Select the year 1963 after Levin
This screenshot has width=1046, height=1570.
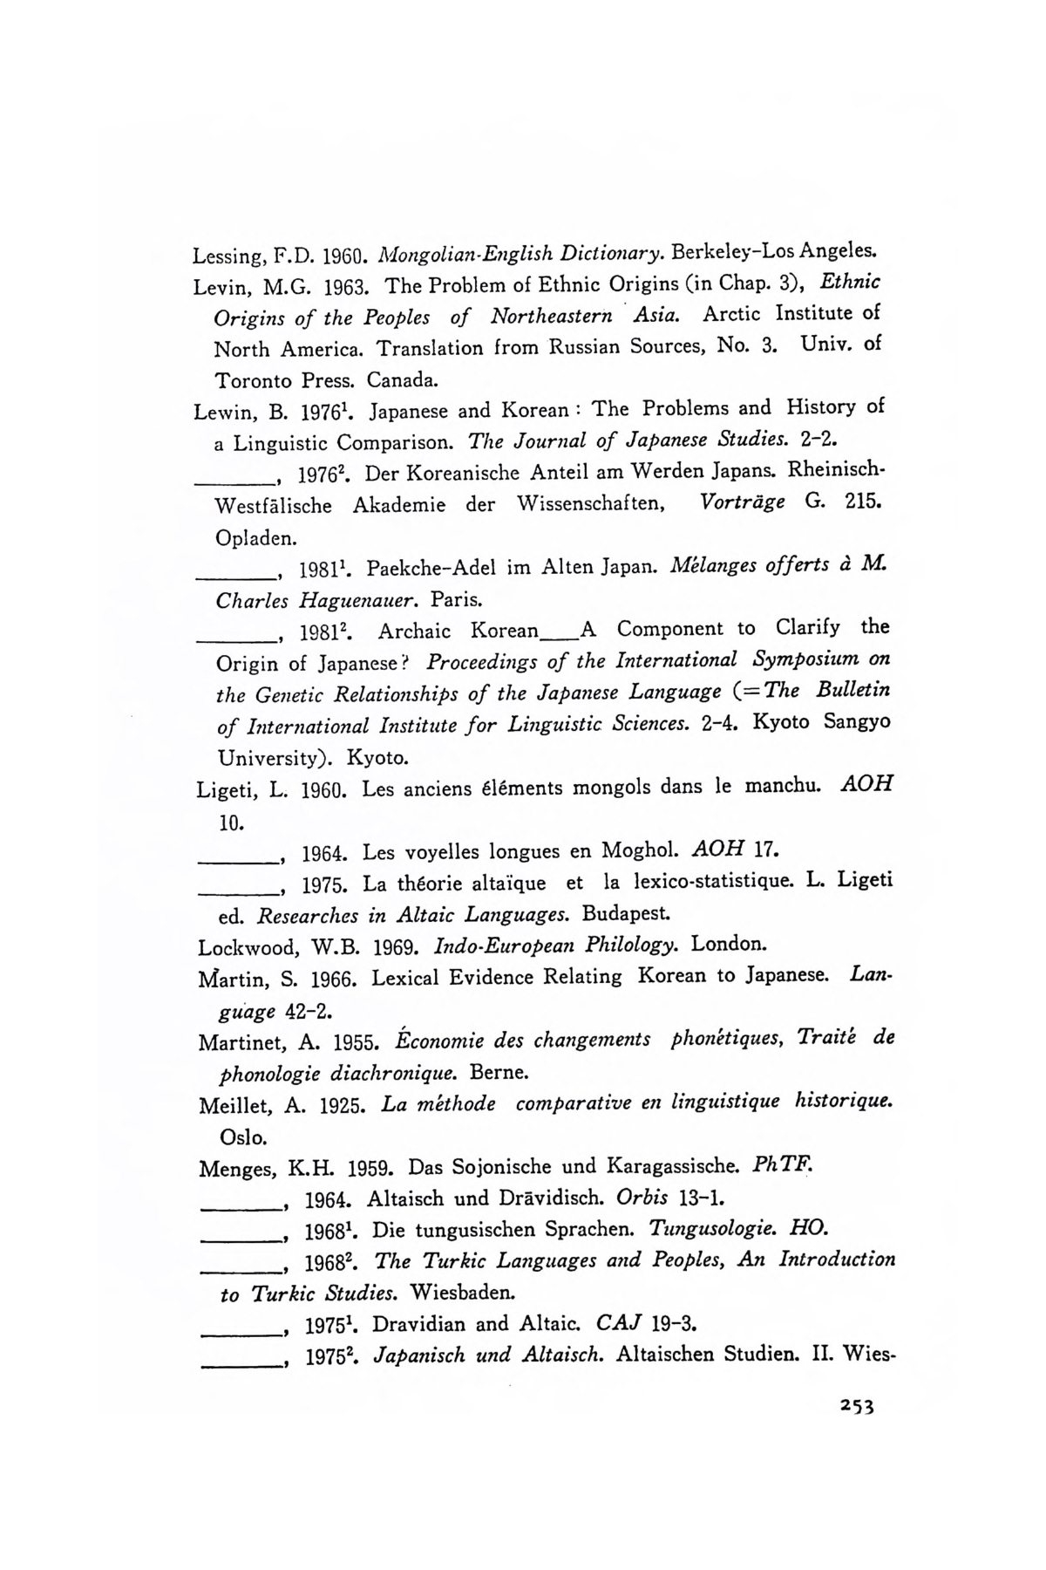(349, 286)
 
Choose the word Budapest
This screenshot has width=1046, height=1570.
(625, 915)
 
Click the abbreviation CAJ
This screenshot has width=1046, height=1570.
(621, 1323)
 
